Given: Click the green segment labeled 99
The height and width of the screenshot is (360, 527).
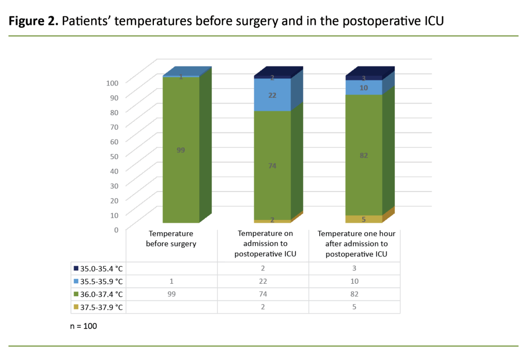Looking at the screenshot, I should [181, 150].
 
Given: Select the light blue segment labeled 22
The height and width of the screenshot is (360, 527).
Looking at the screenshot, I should [272, 95].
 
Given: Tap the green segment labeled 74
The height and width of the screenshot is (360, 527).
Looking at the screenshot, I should [272, 165].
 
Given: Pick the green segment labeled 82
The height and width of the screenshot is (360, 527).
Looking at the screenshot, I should [364, 155].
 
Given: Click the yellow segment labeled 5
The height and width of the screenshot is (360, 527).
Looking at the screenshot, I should [364, 219].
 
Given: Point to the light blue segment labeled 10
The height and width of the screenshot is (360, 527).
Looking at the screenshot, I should [364, 88].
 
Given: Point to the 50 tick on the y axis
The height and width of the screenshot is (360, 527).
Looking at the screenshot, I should [114, 156].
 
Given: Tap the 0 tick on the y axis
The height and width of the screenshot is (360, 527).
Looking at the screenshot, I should [116, 229].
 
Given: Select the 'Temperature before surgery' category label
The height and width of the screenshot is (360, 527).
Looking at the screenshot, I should [171, 239].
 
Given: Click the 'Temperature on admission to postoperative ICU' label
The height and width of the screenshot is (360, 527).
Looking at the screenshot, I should [263, 244].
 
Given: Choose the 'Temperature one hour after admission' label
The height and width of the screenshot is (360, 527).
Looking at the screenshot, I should [356, 244].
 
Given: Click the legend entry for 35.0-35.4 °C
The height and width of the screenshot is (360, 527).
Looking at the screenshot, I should [98, 268].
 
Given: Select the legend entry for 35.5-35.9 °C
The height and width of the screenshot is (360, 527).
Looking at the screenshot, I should [98, 282].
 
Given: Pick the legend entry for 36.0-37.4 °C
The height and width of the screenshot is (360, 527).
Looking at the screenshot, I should [98, 295].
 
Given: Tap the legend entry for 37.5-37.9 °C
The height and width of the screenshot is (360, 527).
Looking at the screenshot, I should [98, 307].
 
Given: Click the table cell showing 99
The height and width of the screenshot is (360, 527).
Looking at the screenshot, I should [171, 295].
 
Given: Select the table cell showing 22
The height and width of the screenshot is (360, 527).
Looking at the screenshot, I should [263, 282].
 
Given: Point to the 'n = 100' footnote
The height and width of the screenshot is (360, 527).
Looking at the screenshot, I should [83, 326].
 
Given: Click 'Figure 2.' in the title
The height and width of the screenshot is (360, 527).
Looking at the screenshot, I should [32, 23].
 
